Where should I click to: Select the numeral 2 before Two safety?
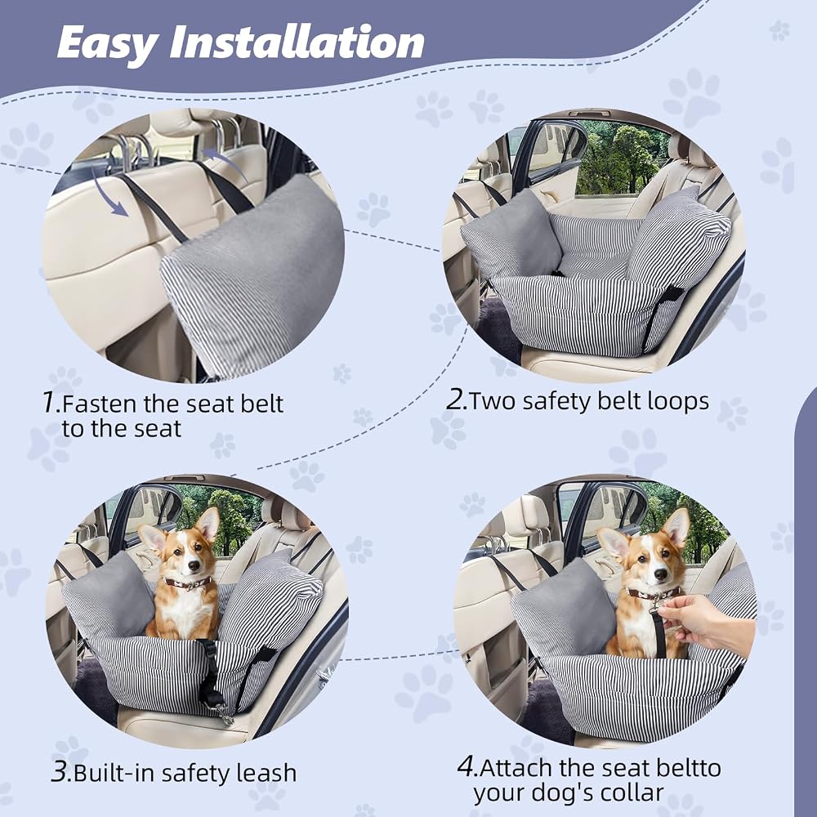[x=457, y=400]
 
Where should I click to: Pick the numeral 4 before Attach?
[x=467, y=766]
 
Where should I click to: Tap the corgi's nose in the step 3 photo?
[x=192, y=566]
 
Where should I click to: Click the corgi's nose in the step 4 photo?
[x=660, y=574]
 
